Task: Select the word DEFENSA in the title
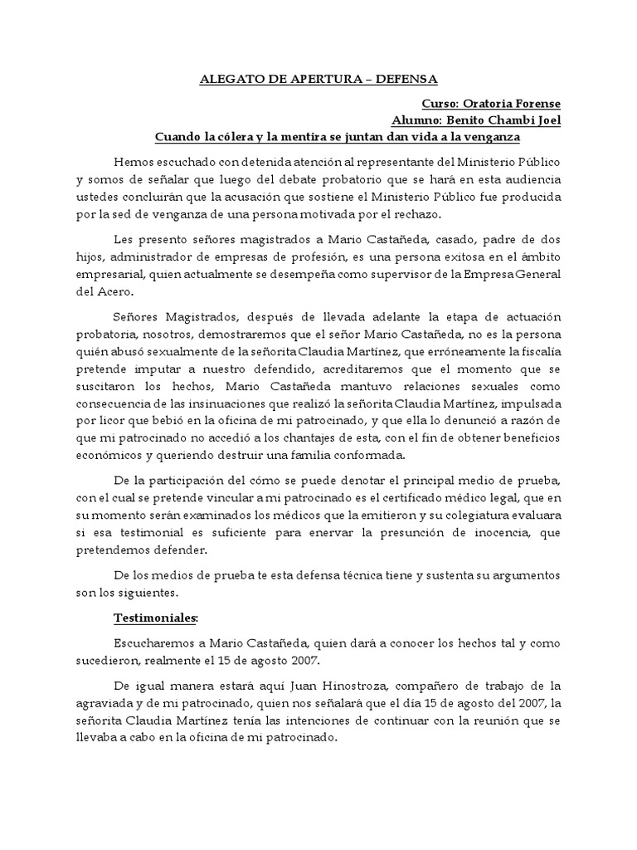404,80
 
